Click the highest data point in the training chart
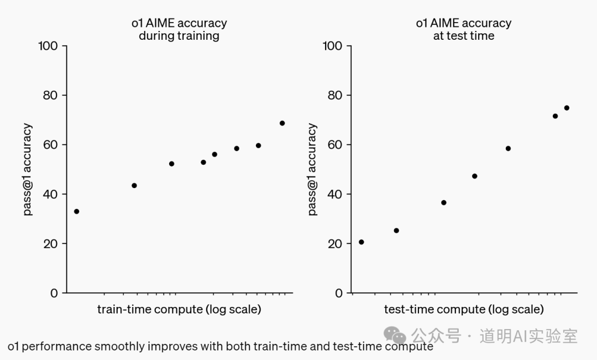coord(282,123)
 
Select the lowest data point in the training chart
coord(76,211)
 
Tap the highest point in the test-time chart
coord(567,108)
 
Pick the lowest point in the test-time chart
coord(362,242)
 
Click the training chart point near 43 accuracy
coord(134,186)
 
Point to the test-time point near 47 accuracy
coord(474,176)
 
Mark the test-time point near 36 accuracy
coord(443,202)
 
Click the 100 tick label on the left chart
coord(48,46)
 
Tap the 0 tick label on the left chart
coord(54,293)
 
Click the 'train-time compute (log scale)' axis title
coord(179,309)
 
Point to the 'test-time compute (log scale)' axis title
coord(464,309)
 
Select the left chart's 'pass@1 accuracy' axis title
coord(27,169)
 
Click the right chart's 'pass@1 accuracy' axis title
coord(312,169)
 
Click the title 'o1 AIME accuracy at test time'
coord(463,29)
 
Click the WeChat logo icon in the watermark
coord(395,335)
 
